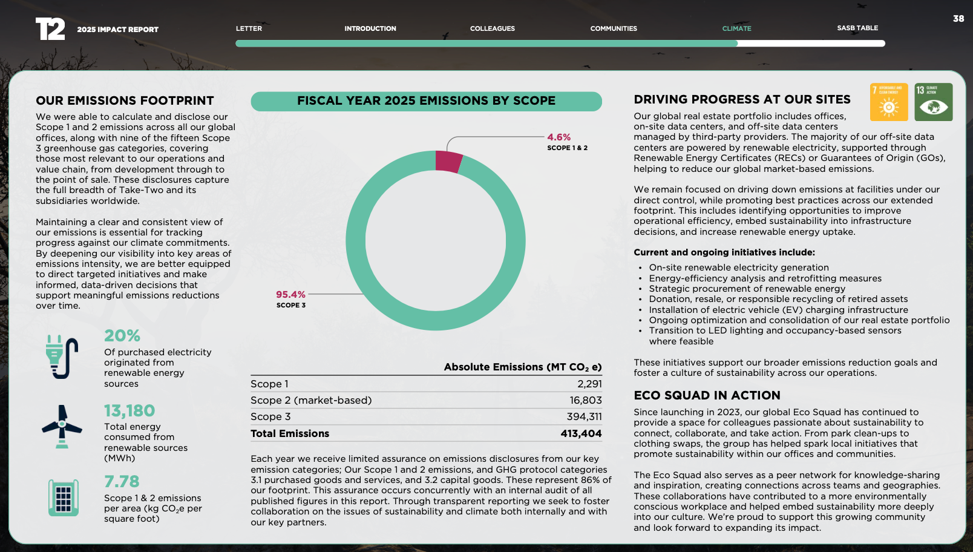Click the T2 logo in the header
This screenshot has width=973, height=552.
(x=50, y=29)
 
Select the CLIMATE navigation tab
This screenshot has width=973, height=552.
(x=736, y=28)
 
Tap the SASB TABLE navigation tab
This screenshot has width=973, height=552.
(x=857, y=28)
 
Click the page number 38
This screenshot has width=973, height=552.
(x=958, y=19)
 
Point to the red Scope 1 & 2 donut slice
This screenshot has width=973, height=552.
(x=448, y=162)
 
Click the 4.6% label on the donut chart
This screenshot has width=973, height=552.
(x=559, y=137)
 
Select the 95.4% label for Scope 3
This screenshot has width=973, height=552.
(x=290, y=295)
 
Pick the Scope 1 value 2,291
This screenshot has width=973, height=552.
(x=589, y=384)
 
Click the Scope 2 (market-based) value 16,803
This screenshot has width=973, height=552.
(x=585, y=400)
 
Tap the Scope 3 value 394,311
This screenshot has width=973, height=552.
(x=584, y=416)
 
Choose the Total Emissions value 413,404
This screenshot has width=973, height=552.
(x=581, y=433)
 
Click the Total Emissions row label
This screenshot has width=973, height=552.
(x=290, y=433)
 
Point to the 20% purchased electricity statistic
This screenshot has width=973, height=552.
(x=122, y=336)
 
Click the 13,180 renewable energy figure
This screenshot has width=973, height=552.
(x=129, y=411)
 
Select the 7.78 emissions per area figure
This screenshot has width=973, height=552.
(x=122, y=482)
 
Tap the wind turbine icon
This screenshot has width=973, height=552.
(x=62, y=426)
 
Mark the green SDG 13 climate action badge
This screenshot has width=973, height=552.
(x=933, y=102)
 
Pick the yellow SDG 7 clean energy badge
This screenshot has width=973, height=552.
(x=889, y=102)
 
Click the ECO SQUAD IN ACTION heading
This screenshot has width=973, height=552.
(x=707, y=395)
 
